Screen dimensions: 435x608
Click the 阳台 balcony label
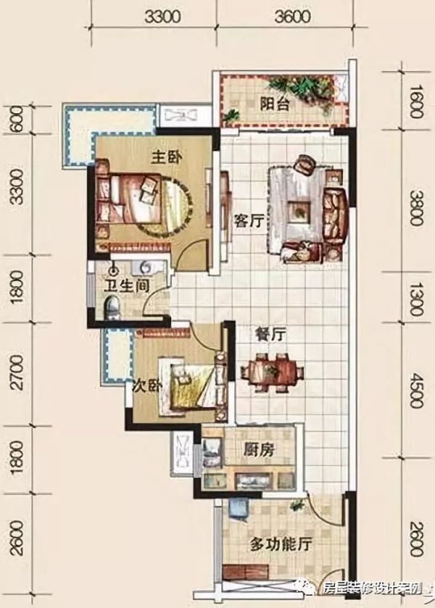click(274, 104)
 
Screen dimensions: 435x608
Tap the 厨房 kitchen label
click(260, 450)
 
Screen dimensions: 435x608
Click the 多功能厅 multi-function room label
click(281, 545)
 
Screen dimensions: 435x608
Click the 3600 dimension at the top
click(293, 17)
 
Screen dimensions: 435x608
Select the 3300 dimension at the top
click(163, 17)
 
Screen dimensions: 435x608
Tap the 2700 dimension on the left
click(17, 372)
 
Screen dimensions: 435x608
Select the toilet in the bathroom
click(112, 305)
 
